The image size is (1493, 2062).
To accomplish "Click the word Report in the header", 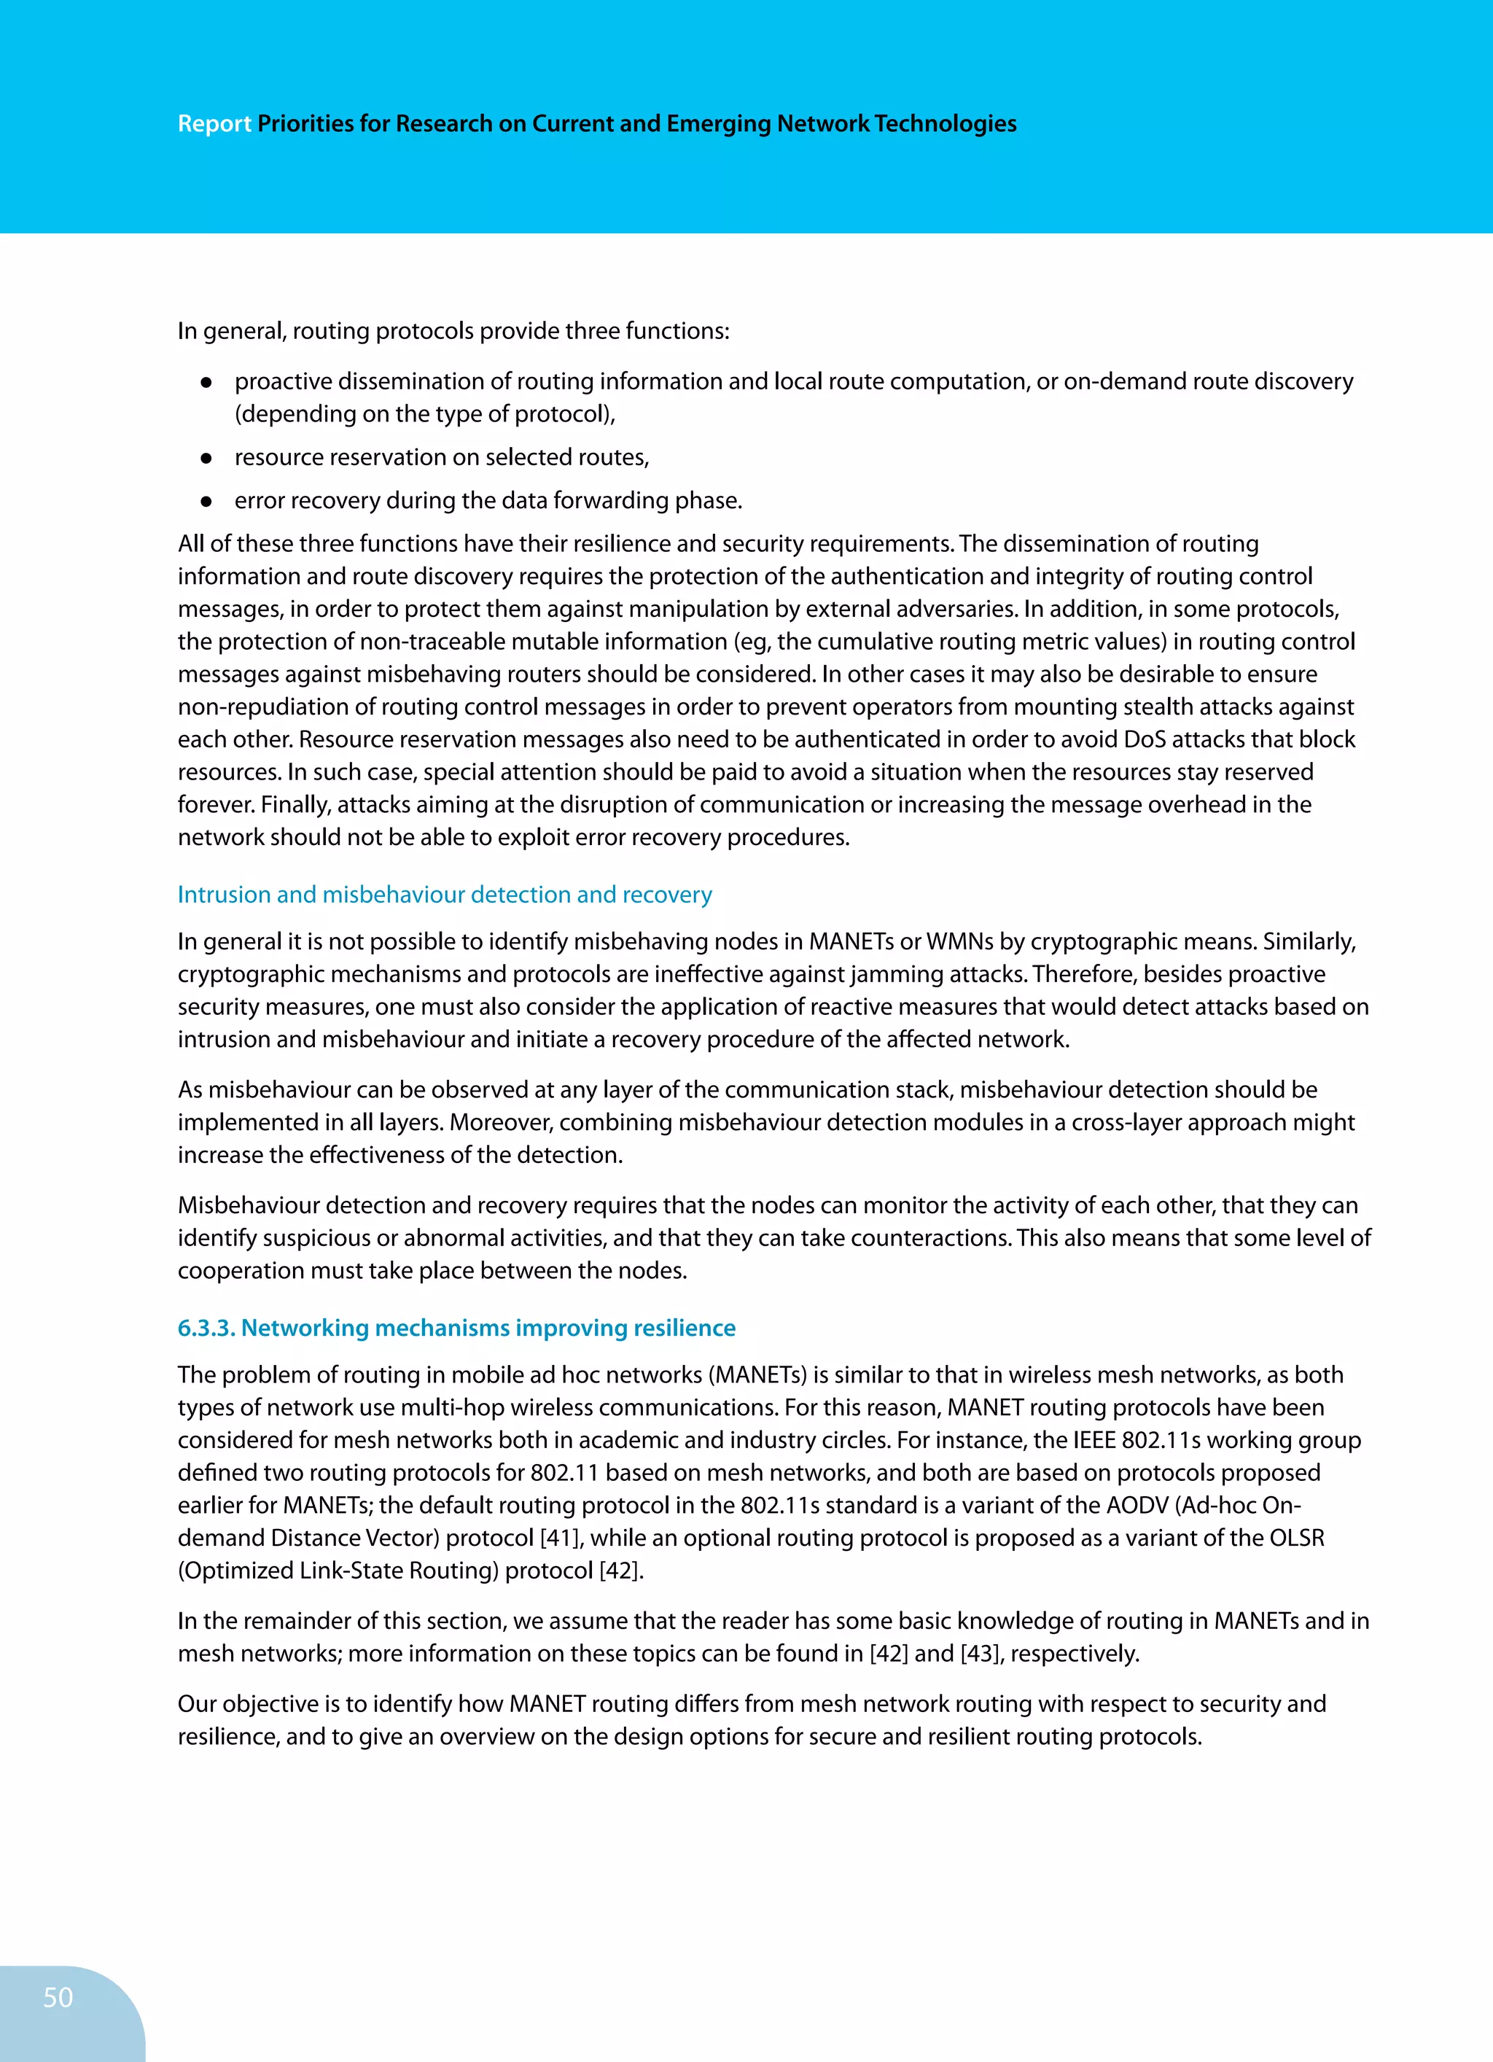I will (214, 124).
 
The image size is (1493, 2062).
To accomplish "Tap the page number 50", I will (58, 1996).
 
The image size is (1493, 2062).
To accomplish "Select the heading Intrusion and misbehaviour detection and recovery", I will (445, 895).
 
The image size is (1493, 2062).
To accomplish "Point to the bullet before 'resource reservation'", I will (206, 458).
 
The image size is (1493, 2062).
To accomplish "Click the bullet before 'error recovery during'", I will (206, 501).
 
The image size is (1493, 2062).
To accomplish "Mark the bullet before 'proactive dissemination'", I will (206, 383).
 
